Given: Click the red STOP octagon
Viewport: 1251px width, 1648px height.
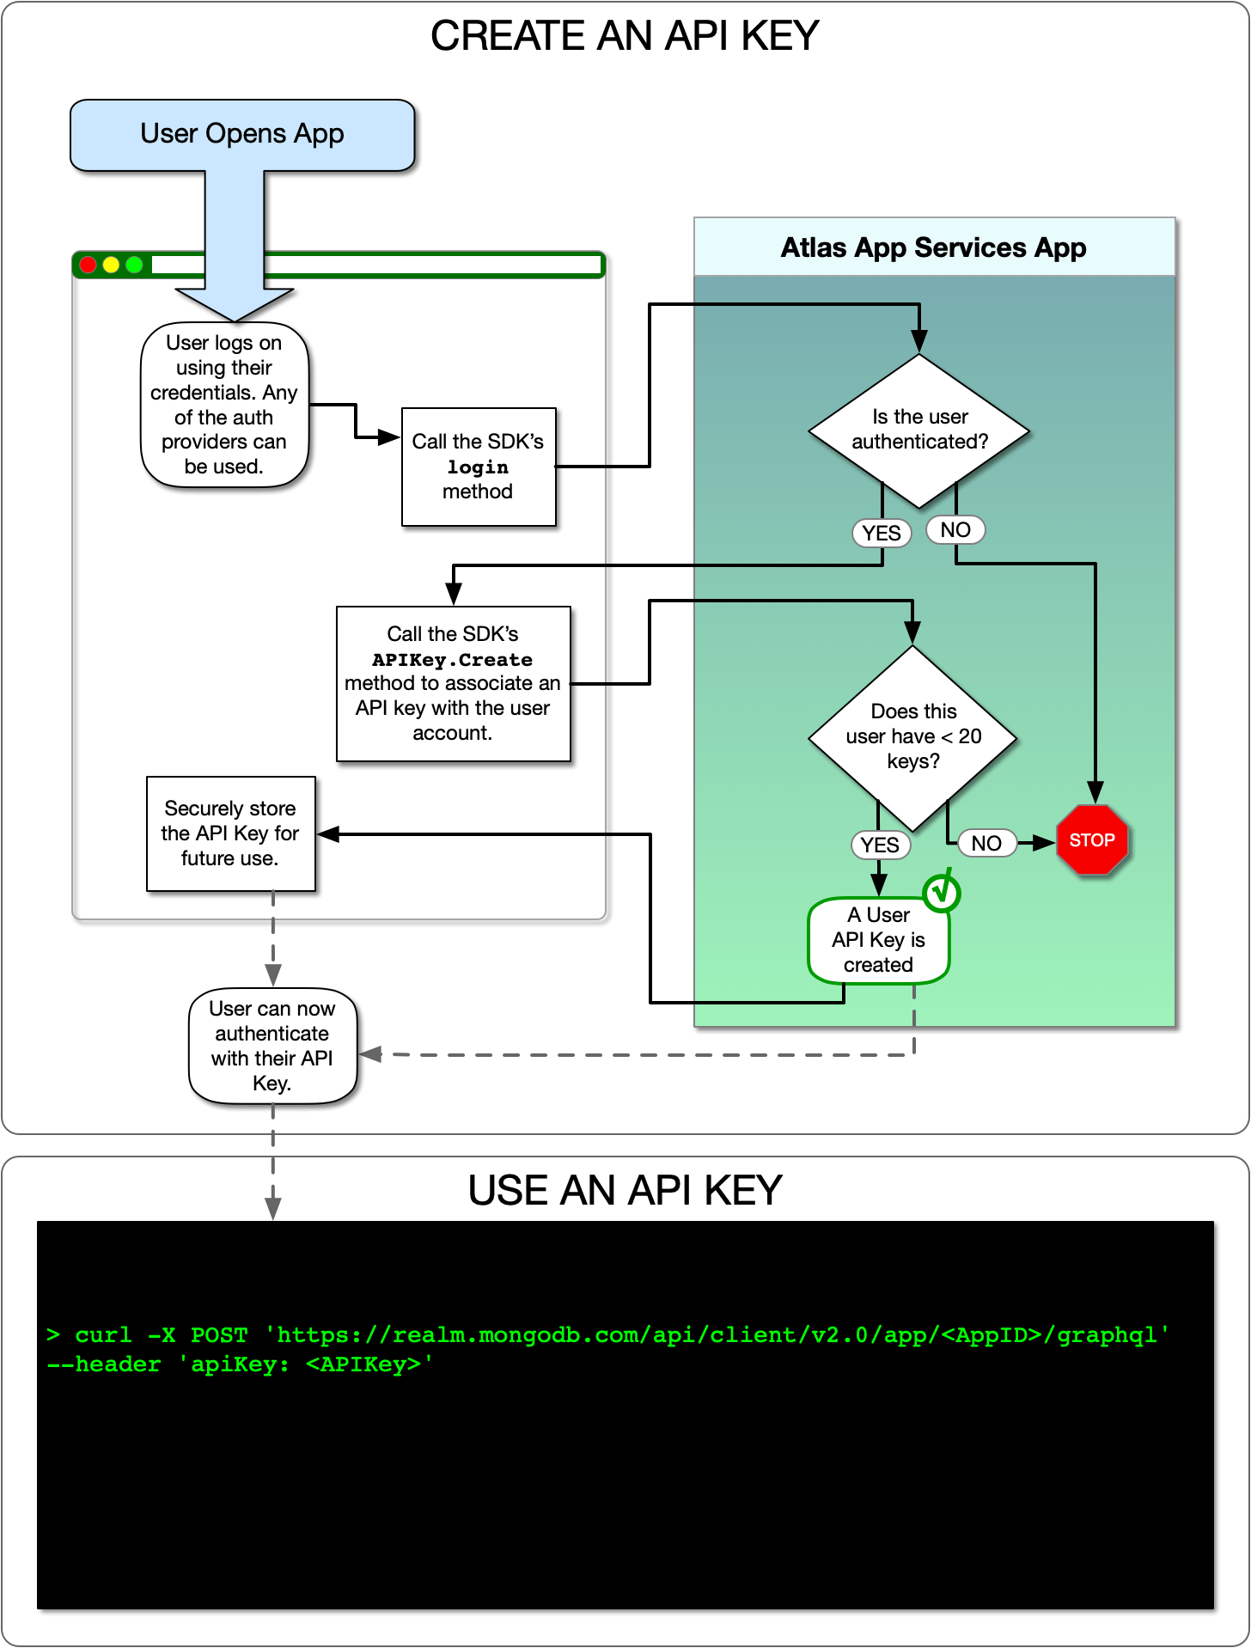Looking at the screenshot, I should tap(1091, 840).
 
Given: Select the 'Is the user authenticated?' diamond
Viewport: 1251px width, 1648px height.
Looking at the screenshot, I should tap(918, 430).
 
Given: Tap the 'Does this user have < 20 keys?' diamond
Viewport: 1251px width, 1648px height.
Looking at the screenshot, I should tap(912, 736).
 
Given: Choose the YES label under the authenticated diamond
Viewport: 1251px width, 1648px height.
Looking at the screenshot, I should tap(882, 533).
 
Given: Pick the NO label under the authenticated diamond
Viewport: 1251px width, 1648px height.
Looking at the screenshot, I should tap(955, 529).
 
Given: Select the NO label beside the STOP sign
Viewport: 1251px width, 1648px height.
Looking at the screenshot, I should tap(986, 843).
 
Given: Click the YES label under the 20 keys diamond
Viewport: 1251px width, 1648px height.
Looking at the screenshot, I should tap(880, 845).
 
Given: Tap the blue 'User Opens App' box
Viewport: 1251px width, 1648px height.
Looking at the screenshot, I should tap(242, 134).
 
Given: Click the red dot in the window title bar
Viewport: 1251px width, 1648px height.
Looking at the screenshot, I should tap(88, 265).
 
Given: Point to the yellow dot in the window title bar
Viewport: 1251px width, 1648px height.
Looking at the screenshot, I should tap(111, 265).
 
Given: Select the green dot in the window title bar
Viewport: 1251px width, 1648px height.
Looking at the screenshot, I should tap(134, 265).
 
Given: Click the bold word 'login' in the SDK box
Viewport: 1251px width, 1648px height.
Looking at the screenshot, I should tap(478, 467).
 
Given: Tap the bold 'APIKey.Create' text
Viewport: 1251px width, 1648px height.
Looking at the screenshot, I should tap(452, 659).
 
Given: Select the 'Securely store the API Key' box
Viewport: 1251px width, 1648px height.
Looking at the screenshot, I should tap(230, 833).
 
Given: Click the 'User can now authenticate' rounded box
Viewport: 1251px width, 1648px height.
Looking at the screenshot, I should tap(272, 1045).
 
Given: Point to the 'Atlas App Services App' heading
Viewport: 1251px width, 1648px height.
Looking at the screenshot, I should tap(933, 247).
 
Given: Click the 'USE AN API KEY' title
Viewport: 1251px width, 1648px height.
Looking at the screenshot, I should tap(625, 1190).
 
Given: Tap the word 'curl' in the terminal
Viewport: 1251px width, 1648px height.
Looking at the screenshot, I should tap(103, 1334).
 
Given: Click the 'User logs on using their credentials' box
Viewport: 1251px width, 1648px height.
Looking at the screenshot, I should tap(223, 404).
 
